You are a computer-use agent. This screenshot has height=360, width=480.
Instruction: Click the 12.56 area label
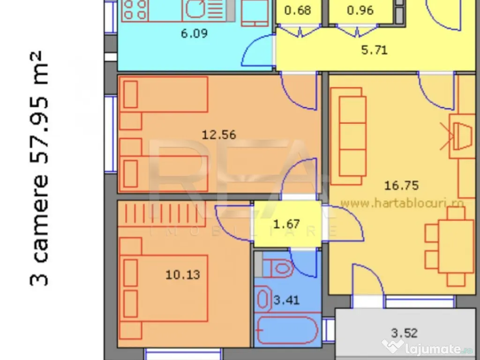[218, 135]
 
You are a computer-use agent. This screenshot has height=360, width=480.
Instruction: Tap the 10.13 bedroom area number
[182, 275]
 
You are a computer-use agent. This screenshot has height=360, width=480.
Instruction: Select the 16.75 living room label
[401, 186]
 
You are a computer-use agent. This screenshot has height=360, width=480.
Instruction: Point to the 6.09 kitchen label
[194, 34]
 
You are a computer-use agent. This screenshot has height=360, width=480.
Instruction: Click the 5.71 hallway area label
[375, 50]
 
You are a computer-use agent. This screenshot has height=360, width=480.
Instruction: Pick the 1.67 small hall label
[286, 224]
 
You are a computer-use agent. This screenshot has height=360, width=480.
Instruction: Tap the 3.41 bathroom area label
[286, 300]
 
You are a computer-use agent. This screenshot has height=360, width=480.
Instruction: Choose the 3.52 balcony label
[404, 333]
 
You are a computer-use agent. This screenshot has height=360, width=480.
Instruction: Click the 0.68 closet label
[298, 10]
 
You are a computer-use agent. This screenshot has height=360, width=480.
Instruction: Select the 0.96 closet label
[360, 10]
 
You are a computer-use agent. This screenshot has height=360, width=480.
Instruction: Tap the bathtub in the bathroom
[287, 331]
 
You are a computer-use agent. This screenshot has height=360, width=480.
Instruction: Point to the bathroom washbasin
[264, 298]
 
